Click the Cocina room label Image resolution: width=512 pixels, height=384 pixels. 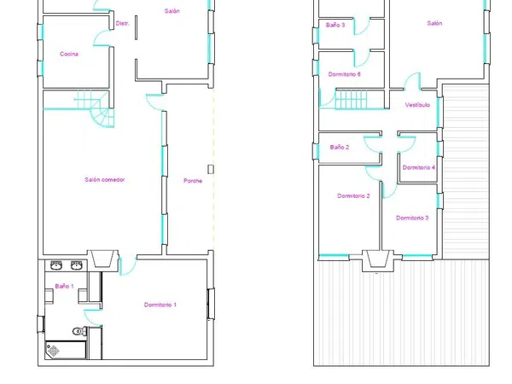[69, 54]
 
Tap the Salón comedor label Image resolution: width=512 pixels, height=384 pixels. [105, 179]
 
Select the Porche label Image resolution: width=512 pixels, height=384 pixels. [193, 181]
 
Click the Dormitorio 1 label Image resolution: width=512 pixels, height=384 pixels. [160, 305]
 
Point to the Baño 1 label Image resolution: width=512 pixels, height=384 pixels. [64, 286]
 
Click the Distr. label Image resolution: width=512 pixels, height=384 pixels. [122, 23]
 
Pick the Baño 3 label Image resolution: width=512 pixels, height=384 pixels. [335, 25]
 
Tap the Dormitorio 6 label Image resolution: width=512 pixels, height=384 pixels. [345, 74]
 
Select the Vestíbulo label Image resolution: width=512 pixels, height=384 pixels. [417, 105]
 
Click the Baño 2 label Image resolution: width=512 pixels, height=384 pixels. [340, 148]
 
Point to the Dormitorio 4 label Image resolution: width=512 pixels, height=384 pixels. [419, 167]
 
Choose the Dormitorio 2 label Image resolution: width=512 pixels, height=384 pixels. [353, 196]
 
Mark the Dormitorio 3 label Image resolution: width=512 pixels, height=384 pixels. [412, 218]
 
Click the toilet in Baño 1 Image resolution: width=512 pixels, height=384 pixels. [79, 331]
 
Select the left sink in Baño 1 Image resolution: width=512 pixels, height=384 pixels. [56, 265]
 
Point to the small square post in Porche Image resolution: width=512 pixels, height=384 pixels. [211, 169]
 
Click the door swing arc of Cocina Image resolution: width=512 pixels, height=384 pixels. [102, 38]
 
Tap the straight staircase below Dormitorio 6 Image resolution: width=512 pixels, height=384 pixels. [351, 99]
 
